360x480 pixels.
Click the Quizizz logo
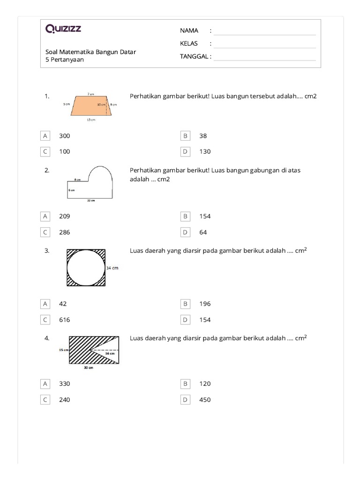click(63, 29)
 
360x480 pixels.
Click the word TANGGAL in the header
click(194, 57)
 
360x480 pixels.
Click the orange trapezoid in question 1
click(89, 105)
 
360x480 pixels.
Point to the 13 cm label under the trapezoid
click(90, 120)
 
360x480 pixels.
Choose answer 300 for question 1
click(64, 136)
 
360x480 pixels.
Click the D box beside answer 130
click(186, 151)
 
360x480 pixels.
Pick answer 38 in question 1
click(203, 136)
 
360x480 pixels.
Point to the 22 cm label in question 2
click(91, 201)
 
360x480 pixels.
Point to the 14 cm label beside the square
click(112, 268)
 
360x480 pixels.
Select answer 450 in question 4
click(205, 400)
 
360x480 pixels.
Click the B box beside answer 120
click(186, 384)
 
